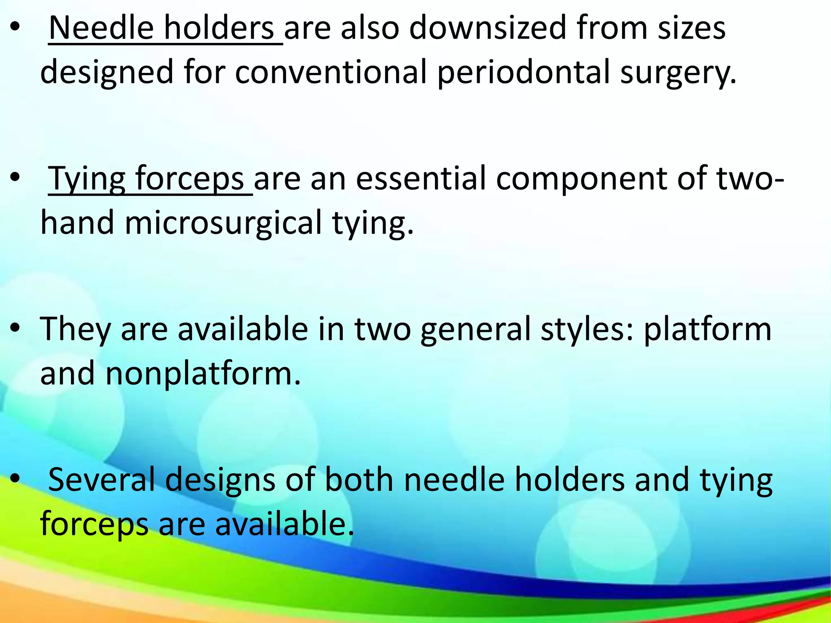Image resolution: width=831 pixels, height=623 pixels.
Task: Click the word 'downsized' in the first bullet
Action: [487, 28]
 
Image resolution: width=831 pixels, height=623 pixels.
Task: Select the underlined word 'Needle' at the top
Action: [101, 28]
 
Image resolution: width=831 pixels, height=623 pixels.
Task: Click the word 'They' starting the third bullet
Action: [75, 329]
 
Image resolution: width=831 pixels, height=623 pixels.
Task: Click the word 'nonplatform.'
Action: [203, 374]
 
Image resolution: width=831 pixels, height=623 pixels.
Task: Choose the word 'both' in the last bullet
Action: [359, 479]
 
